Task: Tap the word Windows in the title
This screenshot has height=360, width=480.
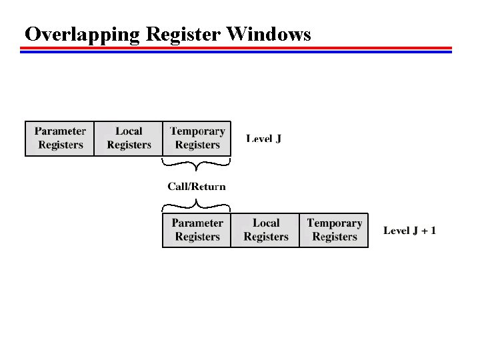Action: (269, 33)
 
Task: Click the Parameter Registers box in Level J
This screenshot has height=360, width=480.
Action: (60, 138)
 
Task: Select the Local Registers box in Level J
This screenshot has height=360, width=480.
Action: (129, 138)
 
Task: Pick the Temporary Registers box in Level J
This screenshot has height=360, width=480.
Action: (197, 138)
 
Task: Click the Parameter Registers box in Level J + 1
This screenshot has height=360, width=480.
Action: (197, 230)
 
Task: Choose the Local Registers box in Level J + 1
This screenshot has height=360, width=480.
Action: (265, 230)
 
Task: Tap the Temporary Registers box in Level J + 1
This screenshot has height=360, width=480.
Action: (334, 230)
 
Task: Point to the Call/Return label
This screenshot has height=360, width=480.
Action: (197, 187)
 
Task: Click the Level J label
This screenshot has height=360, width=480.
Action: (264, 139)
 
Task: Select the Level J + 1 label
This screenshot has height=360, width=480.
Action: (410, 231)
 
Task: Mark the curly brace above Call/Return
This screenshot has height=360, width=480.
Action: (197, 164)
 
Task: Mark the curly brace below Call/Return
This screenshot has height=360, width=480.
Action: (197, 204)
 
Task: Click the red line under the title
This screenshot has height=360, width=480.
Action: (236, 48)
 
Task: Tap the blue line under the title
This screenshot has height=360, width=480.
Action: (236, 51)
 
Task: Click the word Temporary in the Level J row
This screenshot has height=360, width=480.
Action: (197, 131)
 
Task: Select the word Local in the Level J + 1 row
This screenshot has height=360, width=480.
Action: (266, 223)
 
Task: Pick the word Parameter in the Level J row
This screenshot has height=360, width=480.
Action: (60, 131)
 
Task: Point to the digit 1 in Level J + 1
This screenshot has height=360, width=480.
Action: (433, 231)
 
